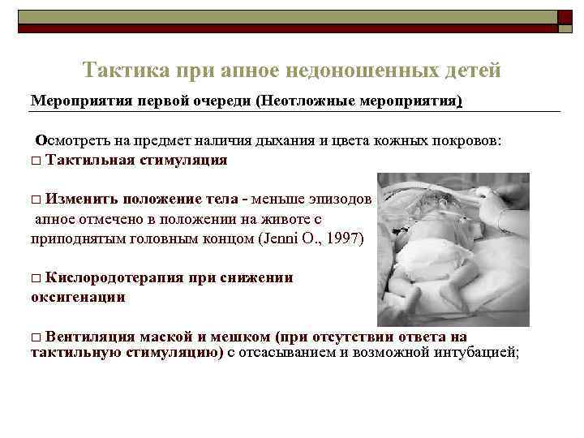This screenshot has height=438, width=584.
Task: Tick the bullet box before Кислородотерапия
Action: pos(35,278)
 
